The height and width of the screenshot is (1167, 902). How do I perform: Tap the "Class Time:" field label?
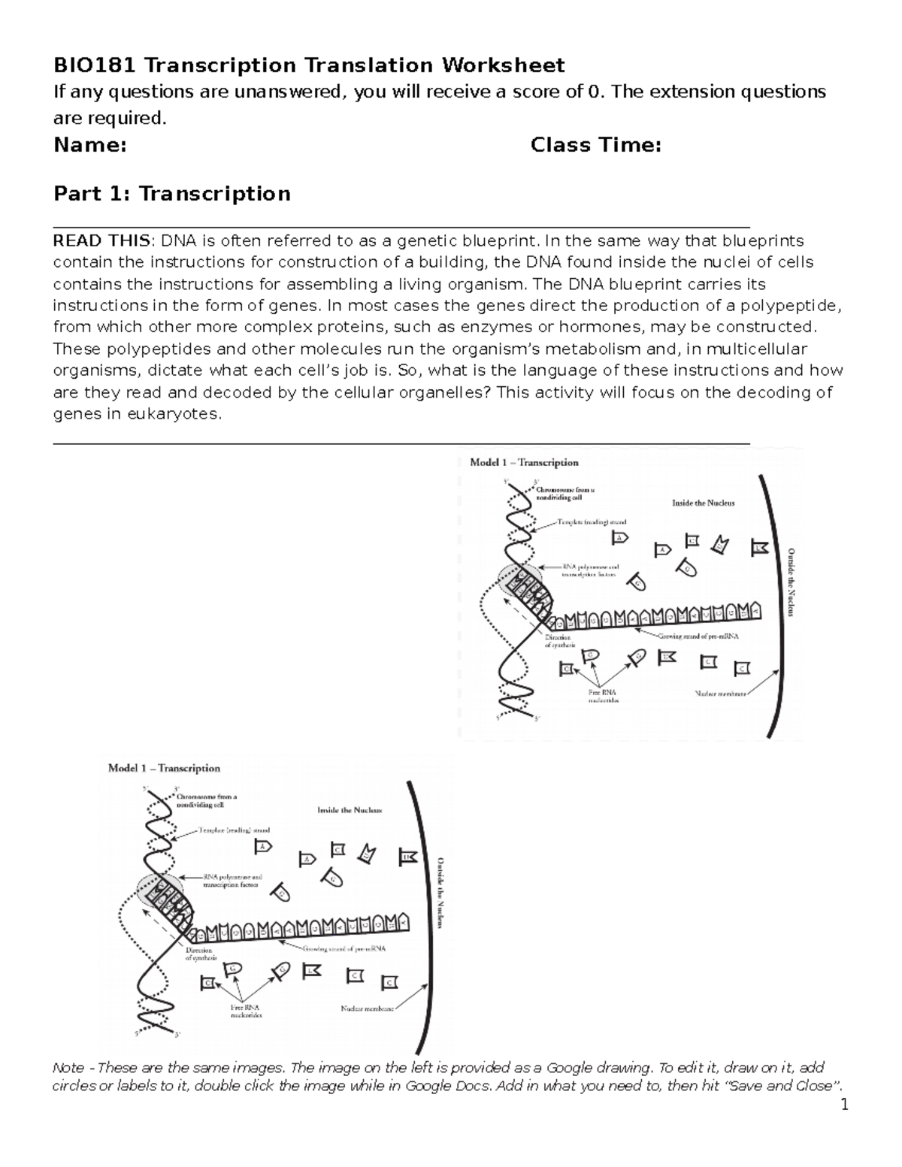pyautogui.click(x=595, y=144)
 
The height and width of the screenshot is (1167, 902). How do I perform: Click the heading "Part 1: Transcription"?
pyautogui.click(x=171, y=193)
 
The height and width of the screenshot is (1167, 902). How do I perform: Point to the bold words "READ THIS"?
pyautogui.click(x=101, y=240)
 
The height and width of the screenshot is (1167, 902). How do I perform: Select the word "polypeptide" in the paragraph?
pyautogui.click(x=788, y=305)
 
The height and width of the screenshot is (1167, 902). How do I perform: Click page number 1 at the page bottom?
pyautogui.click(x=844, y=1105)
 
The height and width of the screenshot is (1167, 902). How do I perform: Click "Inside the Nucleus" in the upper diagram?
pyautogui.click(x=703, y=503)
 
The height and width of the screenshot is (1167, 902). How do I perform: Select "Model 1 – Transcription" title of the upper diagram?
pyautogui.click(x=524, y=462)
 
